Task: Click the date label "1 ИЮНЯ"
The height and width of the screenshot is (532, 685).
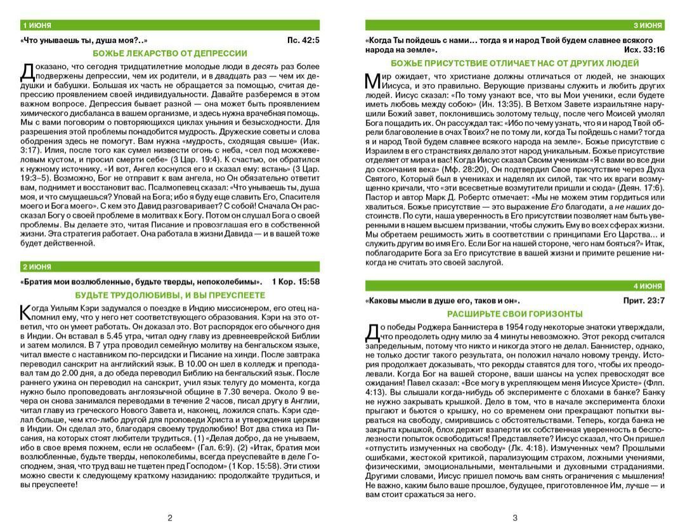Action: (37, 25)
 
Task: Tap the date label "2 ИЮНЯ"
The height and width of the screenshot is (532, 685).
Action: (37, 267)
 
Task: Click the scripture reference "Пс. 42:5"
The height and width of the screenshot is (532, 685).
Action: (303, 41)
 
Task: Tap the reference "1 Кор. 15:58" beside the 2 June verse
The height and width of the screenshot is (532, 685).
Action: (295, 281)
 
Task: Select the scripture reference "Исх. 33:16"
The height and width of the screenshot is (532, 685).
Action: (644, 49)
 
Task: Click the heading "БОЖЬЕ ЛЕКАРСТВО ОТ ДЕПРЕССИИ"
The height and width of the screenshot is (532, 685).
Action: (170, 53)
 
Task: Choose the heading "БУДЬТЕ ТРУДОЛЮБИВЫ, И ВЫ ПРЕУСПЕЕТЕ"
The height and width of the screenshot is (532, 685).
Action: (170, 295)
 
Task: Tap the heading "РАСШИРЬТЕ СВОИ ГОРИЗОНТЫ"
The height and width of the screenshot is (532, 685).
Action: (514, 313)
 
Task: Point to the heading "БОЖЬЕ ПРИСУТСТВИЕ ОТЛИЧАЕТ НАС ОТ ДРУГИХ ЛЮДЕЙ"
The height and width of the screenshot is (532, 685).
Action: (514, 63)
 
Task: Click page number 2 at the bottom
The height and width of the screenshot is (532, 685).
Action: (170, 517)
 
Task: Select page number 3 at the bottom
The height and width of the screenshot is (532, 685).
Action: (514, 517)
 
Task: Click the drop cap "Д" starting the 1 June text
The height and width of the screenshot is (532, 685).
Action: (27, 71)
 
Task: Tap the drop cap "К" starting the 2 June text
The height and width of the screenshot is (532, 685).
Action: (26, 312)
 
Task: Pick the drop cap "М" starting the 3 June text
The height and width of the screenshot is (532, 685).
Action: (372, 81)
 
